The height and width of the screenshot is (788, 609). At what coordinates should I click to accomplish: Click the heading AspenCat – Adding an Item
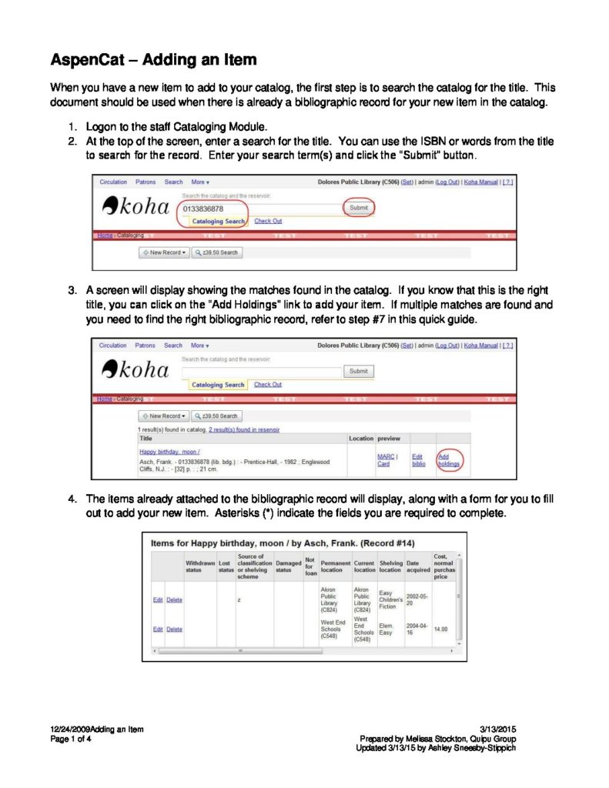tap(153, 59)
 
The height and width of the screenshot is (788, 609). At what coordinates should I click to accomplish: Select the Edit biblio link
tap(419, 460)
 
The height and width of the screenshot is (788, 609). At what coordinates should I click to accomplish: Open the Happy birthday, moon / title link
tap(169, 452)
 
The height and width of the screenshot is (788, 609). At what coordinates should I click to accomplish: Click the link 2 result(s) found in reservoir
tap(244, 429)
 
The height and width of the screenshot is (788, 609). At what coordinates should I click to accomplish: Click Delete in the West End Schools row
tap(175, 629)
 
